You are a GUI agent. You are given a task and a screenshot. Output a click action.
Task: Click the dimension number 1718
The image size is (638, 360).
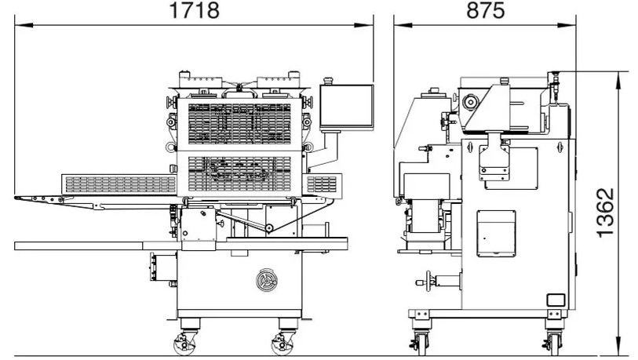click(195, 10)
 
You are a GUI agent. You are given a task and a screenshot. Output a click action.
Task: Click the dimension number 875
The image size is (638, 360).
click(486, 10)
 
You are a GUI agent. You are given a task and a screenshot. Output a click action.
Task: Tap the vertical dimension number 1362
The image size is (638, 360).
click(605, 213)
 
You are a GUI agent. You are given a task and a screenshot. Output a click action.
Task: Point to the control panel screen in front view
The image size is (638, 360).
click(347, 107)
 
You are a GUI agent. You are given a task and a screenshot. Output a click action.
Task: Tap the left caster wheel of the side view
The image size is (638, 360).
click(421, 343)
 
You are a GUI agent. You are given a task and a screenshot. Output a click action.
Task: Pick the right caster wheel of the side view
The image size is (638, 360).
click(554, 343)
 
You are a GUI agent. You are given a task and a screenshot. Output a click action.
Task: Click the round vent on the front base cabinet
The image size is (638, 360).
click(267, 280)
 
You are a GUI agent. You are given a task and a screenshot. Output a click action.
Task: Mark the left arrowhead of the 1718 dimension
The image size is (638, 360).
click(24, 25)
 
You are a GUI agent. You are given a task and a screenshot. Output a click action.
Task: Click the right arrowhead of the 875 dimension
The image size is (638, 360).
click(567, 25)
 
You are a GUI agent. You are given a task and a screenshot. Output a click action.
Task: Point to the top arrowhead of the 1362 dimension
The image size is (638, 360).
click(619, 80)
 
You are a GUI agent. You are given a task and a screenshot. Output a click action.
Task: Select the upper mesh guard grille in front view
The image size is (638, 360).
click(239, 124)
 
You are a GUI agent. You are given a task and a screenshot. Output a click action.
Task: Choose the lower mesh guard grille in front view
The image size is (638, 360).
click(239, 173)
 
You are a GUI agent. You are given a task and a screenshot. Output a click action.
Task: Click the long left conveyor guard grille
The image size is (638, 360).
click(120, 184)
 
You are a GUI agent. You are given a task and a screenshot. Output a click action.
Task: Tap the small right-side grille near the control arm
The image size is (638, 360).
click(322, 184)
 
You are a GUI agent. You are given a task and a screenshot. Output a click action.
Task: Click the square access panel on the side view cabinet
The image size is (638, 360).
click(496, 234)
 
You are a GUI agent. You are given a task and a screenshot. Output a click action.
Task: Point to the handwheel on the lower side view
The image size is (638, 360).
click(427, 281)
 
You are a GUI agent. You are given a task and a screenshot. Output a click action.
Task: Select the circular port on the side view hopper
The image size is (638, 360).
click(470, 102)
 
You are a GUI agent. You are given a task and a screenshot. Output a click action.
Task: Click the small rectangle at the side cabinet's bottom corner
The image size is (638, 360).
click(556, 300)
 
